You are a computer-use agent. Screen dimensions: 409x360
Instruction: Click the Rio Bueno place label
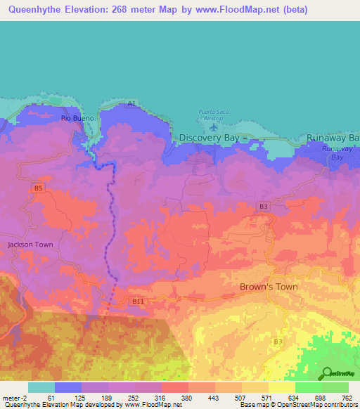coord(73,118)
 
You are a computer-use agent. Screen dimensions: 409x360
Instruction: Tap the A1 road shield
coord(131,104)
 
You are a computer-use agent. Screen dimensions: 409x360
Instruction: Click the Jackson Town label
coord(30,245)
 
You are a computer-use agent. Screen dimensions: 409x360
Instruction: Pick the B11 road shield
coord(139,301)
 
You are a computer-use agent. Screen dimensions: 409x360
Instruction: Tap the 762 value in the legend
coord(347,397)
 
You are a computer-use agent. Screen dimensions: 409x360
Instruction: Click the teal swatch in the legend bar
coord(41,387)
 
